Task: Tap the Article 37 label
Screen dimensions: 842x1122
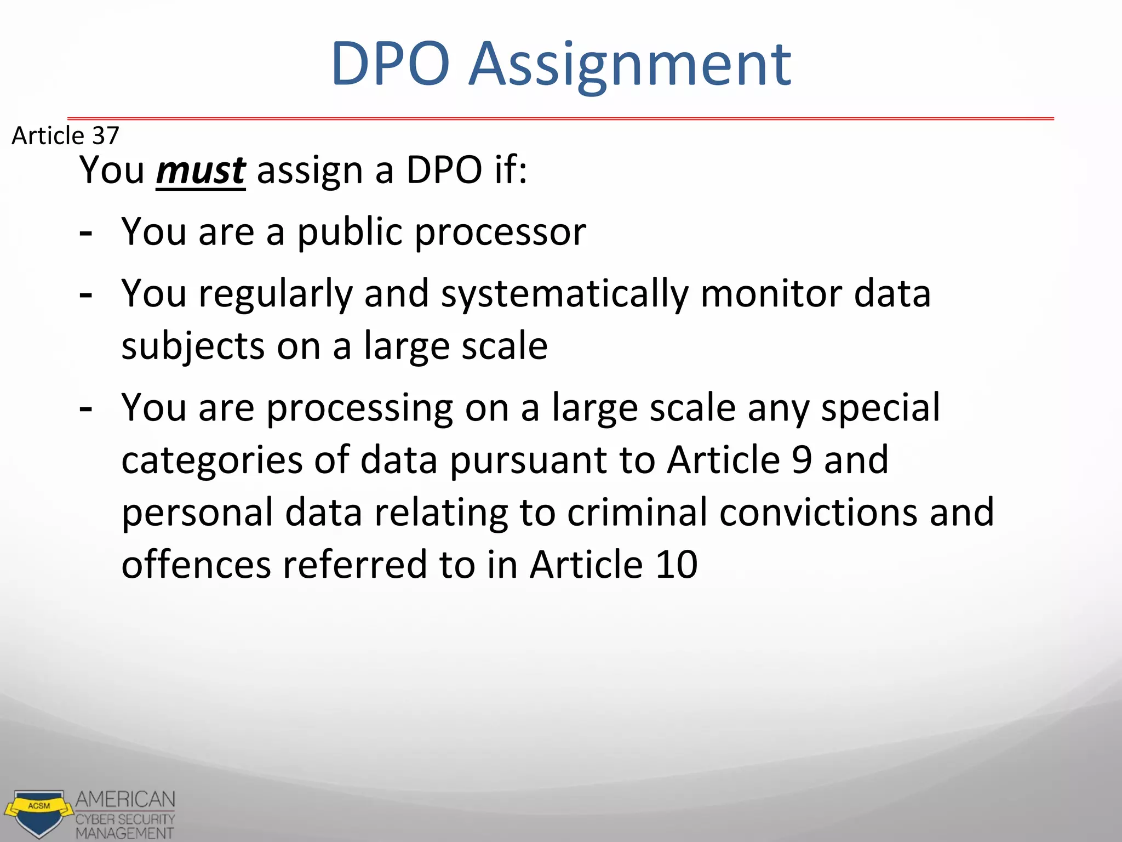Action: tap(65, 135)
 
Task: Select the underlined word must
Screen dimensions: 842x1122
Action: tap(201, 170)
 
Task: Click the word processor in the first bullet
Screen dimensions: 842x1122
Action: tap(500, 232)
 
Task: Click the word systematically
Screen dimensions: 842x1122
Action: tap(564, 294)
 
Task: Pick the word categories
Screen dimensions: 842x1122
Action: tap(211, 460)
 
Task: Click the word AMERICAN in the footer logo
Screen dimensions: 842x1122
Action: tap(125, 799)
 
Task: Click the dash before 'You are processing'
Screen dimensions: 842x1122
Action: tap(85, 408)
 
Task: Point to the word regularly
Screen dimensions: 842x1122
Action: tap(276, 294)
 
